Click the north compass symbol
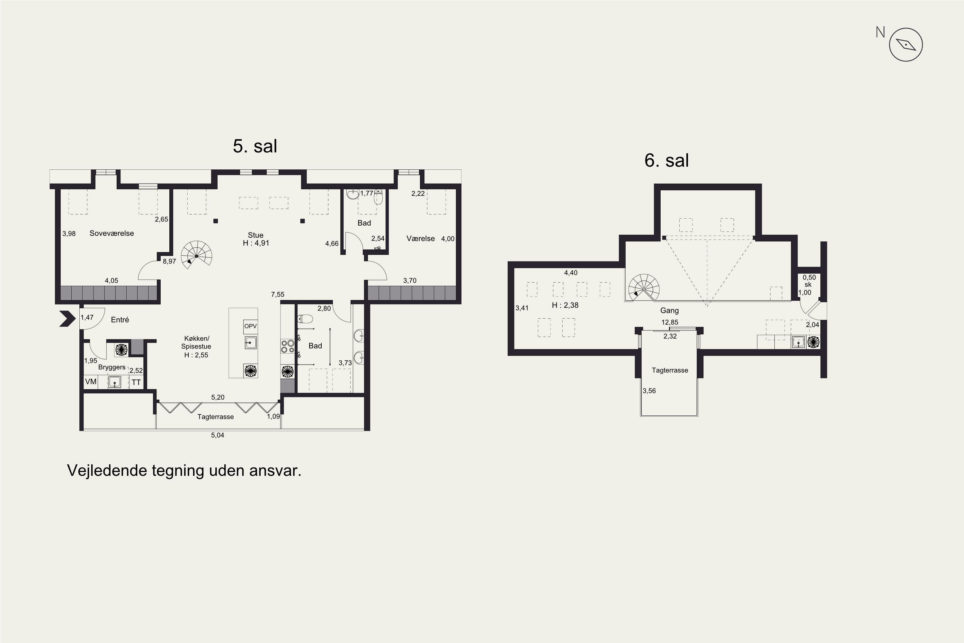click(x=906, y=45)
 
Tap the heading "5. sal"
click(x=255, y=146)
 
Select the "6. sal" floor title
click(x=666, y=160)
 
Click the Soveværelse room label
click(x=112, y=233)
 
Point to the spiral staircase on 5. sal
click(x=197, y=255)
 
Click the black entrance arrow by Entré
click(x=67, y=319)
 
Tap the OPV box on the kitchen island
click(x=250, y=326)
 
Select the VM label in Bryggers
click(x=91, y=382)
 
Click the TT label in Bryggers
click(x=136, y=383)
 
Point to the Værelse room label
click(x=421, y=239)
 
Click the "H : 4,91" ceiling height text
click(x=256, y=243)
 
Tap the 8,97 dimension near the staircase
click(x=169, y=261)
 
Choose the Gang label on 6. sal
click(x=669, y=311)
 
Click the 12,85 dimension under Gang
click(x=670, y=322)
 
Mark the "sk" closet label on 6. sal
click(x=808, y=285)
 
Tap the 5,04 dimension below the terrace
click(x=218, y=435)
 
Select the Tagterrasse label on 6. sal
click(x=670, y=370)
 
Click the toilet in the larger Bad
click(x=305, y=319)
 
